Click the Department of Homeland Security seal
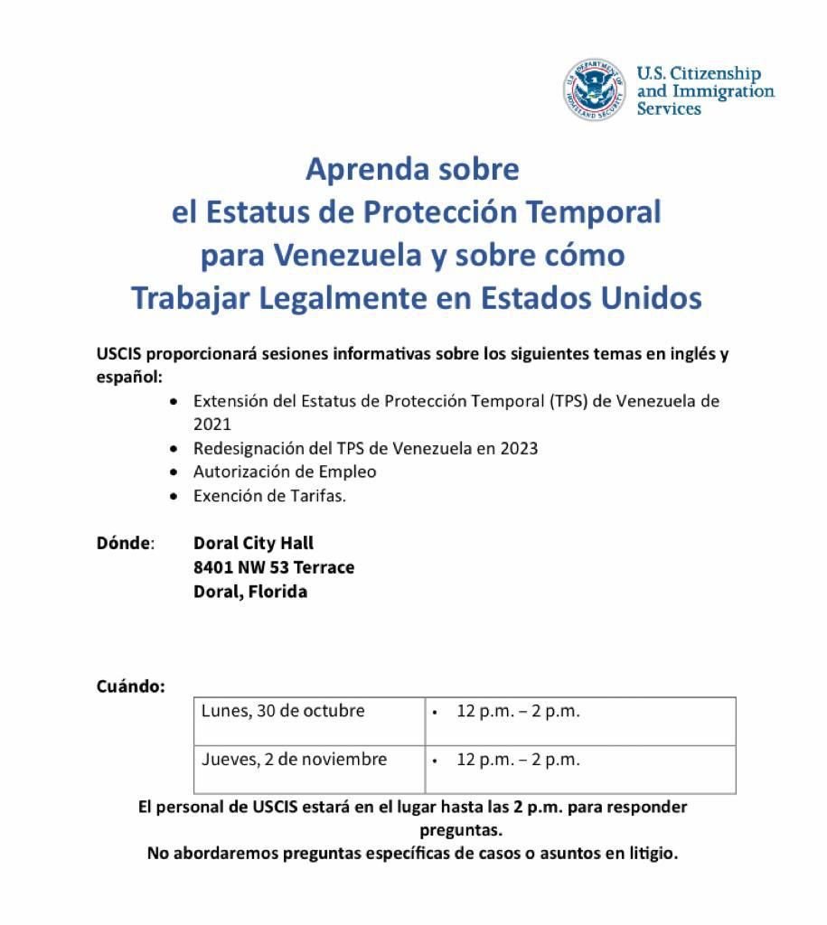click(594, 90)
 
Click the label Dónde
click(125, 544)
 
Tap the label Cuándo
click(130, 687)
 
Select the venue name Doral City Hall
click(253, 543)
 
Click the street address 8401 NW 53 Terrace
click(274, 567)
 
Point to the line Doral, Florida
click(250, 592)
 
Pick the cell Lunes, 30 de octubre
click(283, 711)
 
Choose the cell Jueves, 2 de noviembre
click(294, 760)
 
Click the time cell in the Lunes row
click(518, 712)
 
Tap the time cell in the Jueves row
click(518, 760)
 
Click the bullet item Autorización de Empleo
click(285, 472)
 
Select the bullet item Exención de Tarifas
click(269, 496)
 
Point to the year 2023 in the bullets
click(519, 448)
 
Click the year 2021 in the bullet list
click(212, 424)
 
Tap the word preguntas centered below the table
click(461, 828)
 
